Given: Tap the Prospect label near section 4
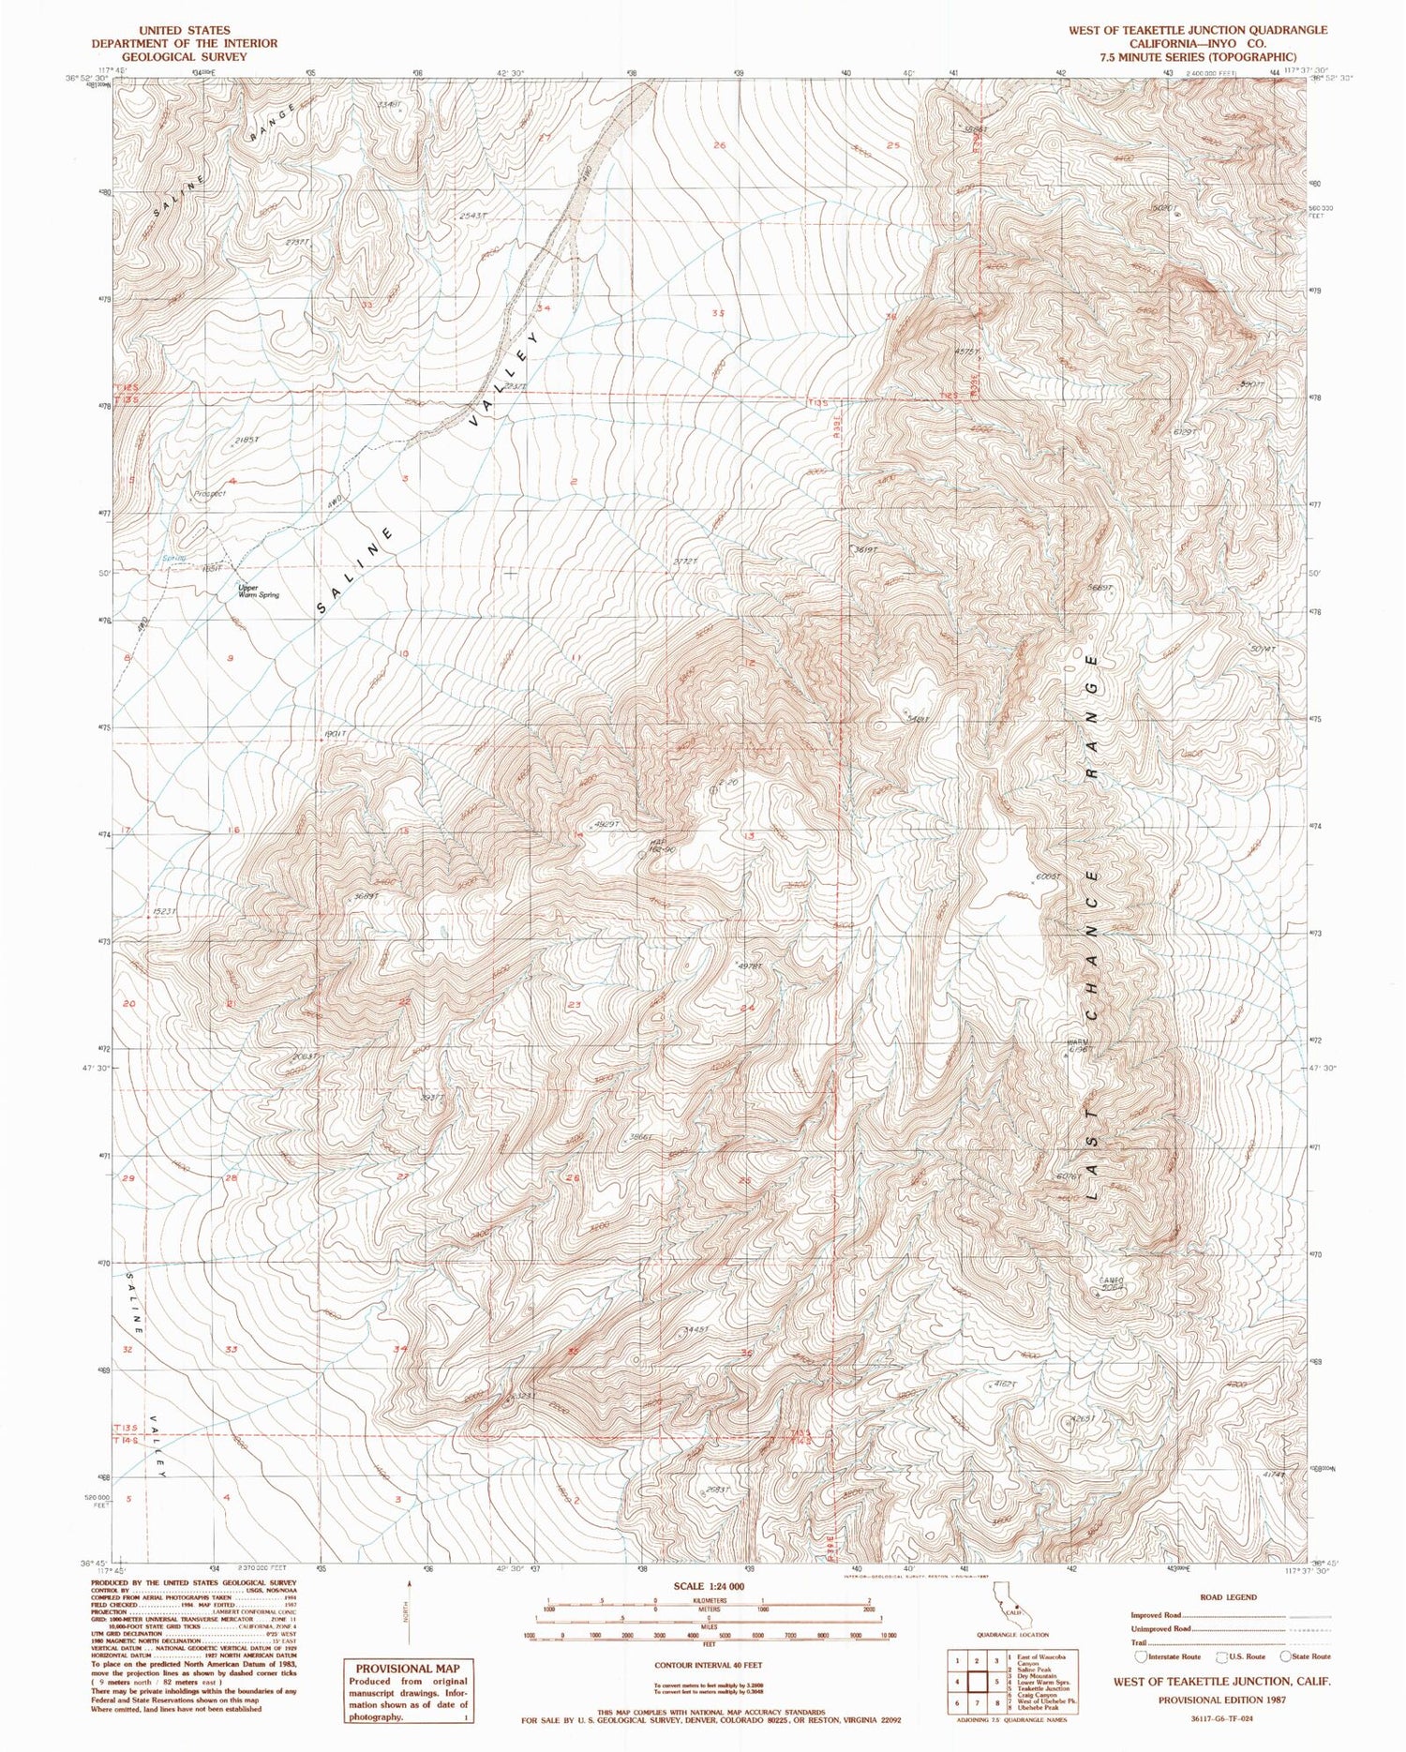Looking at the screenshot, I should (212, 493).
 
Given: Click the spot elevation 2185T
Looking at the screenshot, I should (246, 439).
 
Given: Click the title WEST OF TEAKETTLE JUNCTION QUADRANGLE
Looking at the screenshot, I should (1198, 30).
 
